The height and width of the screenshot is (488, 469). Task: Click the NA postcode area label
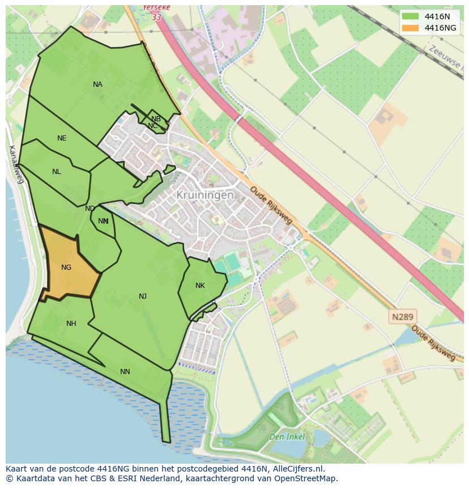(x=97, y=84)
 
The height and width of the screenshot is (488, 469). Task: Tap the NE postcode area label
(x=62, y=138)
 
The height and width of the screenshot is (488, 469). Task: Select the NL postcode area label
(x=56, y=172)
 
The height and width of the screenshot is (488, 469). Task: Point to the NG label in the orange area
(x=66, y=268)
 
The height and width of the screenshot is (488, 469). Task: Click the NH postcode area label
(x=71, y=324)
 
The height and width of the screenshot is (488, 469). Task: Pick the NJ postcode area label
(x=143, y=296)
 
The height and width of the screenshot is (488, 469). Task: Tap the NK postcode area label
(x=200, y=286)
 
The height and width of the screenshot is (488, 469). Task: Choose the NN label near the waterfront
(x=125, y=372)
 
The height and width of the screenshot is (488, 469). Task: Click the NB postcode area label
(x=156, y=119)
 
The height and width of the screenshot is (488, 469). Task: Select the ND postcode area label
(x=89, y=209)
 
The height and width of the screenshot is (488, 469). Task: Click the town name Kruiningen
(x=204, y=194)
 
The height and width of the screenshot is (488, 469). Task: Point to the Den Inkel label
(x=287, y=436)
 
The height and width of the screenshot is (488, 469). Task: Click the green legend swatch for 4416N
(x=410, y=16)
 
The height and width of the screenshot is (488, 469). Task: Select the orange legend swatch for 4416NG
(x=410, y=28)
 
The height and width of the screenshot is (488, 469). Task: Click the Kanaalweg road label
(x=15, y=164)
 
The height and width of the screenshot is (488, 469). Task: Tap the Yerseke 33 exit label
(x=156, y=12)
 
